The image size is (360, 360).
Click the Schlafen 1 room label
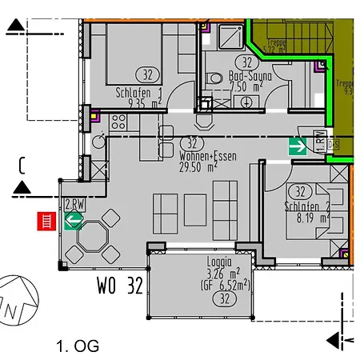138,91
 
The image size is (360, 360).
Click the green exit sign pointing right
299,146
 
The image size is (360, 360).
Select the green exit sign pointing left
74,220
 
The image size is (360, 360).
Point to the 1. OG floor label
78,346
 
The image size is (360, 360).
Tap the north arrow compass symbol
18,299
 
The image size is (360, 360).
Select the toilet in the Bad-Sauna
214,78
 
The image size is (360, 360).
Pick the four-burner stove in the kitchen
118,122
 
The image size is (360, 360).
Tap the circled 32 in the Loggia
219,298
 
